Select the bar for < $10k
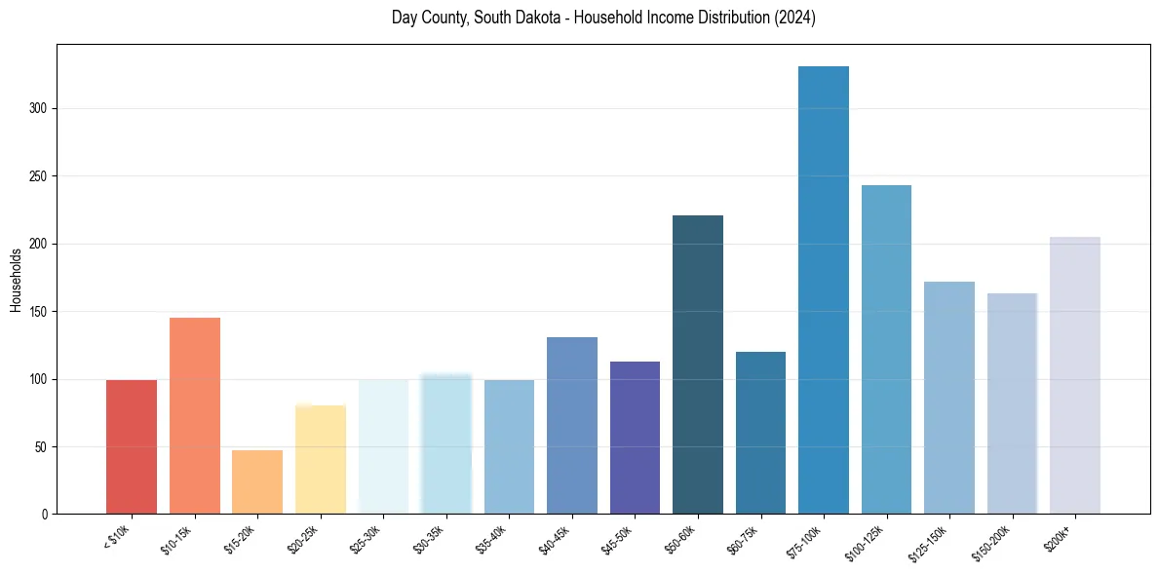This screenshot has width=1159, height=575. pyautogui.click(x=132, y=447)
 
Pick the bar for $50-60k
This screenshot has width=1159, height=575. pyautogui.click(x=698, y=364)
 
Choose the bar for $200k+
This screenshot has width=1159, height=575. pyautogui.click(x=1075, y=375)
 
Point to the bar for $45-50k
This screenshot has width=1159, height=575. pyautogui.click(x=635, y=438)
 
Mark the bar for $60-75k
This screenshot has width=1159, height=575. pyautogui.click(x=760, y=433)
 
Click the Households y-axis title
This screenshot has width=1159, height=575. pyautogui.click(x=16, y=280)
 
